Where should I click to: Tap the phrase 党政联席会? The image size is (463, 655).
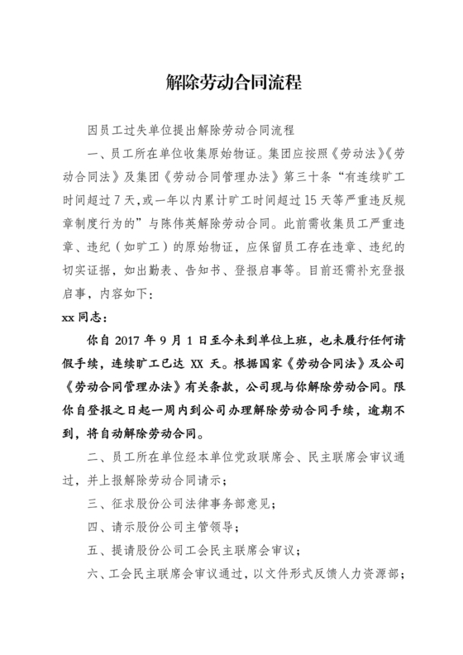pos(247,457)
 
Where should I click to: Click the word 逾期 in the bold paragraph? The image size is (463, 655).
pos(361,409)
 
